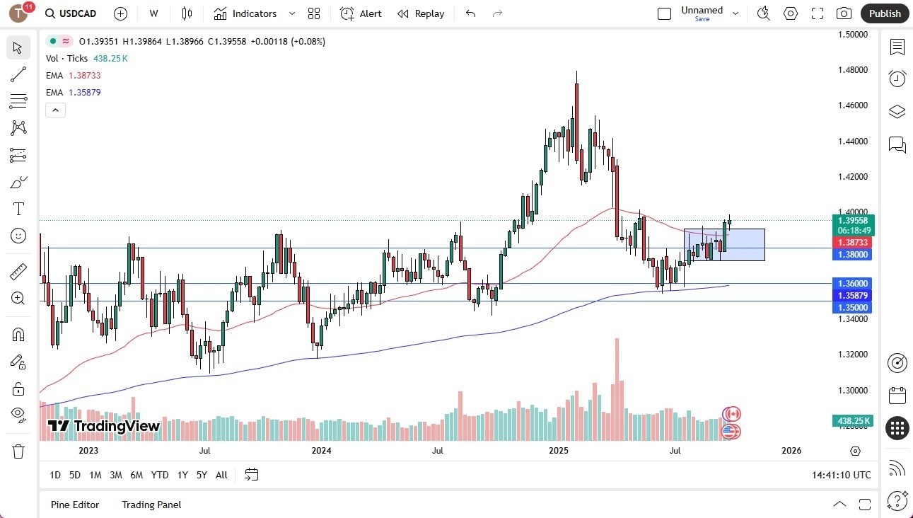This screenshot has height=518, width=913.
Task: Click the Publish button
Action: pyautogui.click(x=885, y=13)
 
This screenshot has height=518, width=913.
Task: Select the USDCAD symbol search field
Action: pyautogui.click(x=71, y=13)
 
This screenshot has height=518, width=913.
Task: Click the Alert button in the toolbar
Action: pyautogui.click(x=361, y=13)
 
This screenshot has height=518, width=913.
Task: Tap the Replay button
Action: pyautogui.click(x=421, y=13)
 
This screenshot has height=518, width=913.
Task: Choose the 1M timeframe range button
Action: pyautogui.click(x=95, y=475)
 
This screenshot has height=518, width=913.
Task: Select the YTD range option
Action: pyautogui.click(x=160, y=475)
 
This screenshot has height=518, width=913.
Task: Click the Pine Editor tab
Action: pyautogui.click(x=75, y=505)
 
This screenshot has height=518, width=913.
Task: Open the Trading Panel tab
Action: pyautogui.click(x=151, y=505)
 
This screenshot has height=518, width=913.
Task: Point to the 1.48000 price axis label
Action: pyautogui.click(x=853, y=70)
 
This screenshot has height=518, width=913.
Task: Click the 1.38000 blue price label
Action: pyautogui.click(x=854, y=254)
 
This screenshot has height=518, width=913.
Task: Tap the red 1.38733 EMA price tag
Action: pyautogui.click(x=854, y=242)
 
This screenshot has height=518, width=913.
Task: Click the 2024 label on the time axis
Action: pyautogui.click(x=321, y=451)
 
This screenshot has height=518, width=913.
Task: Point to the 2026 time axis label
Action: pyautogui.click(x=791, y=451)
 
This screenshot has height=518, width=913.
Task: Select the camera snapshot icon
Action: pyautogui.click(x=844, y=13)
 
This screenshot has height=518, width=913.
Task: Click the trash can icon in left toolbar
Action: pyautogui.click(x=18, y=451)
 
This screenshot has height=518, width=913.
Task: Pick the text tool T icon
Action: pyautogui.click(x=18, y=209)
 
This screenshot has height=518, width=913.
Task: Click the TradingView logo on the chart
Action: pyautogui.click(x=104, y=426)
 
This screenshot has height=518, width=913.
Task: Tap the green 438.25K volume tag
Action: pyautogui.click(x=854, y=421)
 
